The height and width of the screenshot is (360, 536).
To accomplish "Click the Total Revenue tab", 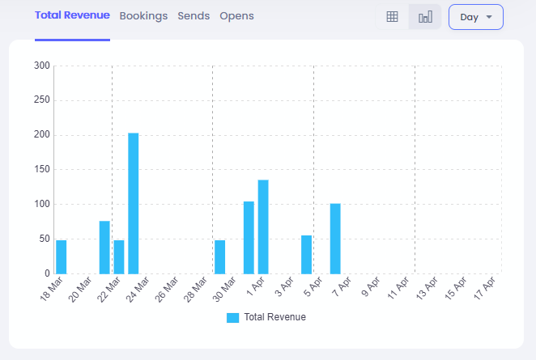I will (x=72, y=16).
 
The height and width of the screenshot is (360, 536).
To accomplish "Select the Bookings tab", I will (x=143, y=16).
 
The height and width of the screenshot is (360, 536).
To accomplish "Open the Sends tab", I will (x=194, y=16).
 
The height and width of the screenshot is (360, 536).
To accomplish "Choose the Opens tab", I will (x=236, y=16).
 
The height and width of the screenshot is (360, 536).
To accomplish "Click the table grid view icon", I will (x=392, y=17).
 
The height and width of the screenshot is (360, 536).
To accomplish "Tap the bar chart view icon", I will (x=425, y=17).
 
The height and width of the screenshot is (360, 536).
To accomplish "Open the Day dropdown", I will (x=476, y=17).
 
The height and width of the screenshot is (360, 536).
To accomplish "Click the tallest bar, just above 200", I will (x=134, y=203).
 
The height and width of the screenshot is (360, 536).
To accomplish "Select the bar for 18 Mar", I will (x=62, y=256).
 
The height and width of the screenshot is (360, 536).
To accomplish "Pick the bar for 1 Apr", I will (x=263, y=227).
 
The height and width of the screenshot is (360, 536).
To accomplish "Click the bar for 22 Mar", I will (x=119, y=256).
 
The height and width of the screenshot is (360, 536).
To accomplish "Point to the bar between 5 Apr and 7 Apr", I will (x=335, y=239).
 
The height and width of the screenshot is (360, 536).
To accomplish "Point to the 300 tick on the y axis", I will (x=42, y=66).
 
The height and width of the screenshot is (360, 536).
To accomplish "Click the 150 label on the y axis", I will (x=42, y=169).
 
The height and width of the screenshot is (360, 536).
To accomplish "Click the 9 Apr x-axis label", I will (x=370, y=287).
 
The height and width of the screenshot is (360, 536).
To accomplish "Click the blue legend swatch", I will (x=233, y=318).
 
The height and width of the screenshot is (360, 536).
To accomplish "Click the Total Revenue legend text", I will (x=274, y=318).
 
